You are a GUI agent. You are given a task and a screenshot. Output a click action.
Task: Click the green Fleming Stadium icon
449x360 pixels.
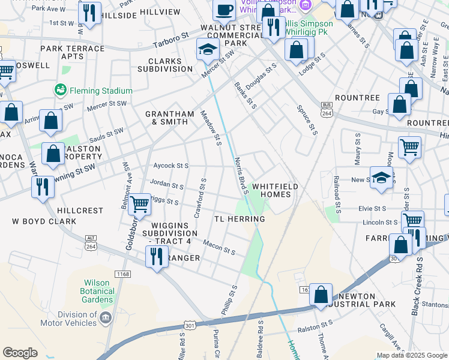pos(61,91)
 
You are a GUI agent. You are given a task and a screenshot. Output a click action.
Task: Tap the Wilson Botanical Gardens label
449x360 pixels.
pos(92,291)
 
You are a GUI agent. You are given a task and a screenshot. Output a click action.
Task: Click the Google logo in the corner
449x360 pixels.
pos(20,353)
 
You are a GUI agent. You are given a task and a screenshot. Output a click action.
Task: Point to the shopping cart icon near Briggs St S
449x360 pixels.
pos(140,204)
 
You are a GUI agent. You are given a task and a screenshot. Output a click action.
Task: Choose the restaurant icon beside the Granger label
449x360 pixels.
pos(157,257)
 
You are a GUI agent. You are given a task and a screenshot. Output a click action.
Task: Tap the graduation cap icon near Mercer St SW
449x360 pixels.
pos(207,50)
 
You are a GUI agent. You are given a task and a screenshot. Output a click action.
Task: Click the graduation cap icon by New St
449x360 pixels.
pos(381,178)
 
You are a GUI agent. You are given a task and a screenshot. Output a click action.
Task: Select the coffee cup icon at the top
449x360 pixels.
pos(224,10)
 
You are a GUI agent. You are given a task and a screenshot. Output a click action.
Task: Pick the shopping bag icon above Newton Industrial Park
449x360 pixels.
pos(321,295)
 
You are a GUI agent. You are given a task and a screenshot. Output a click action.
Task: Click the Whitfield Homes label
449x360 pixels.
pos(275,191)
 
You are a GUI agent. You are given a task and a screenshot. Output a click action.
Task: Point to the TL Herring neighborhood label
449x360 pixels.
pos(240,219)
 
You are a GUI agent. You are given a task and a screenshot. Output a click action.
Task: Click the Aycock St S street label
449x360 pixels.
pos(171,166)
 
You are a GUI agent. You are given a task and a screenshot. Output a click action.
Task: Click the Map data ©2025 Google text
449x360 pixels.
pos(411,355)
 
